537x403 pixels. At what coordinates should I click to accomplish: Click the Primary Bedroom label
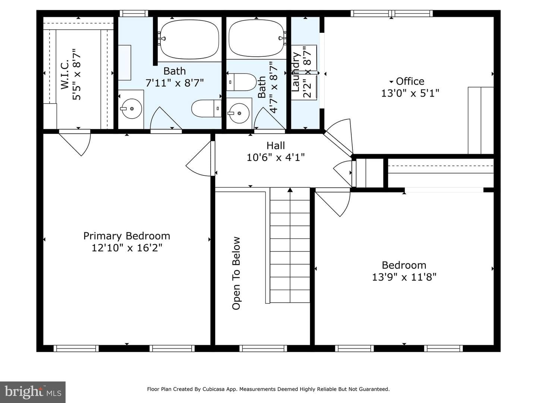point(127,236)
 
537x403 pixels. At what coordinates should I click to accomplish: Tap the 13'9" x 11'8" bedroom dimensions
point(404,277)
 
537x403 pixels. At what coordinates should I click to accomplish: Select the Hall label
point(276,146)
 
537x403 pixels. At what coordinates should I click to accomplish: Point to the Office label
point(410,81)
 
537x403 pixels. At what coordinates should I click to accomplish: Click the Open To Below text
point(236,273)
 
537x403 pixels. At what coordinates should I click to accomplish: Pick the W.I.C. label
point(65,74)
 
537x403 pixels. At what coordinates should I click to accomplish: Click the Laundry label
point(296,72)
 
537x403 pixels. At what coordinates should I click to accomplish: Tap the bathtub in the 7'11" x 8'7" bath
point(189,40)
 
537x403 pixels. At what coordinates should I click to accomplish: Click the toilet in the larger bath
point(206,108)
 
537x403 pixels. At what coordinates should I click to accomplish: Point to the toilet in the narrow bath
point(241,82)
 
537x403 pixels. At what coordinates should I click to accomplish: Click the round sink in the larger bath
point(131,109)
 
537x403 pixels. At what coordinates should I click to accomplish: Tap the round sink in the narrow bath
point(239,113)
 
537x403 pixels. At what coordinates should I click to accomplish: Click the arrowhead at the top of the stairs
point(290,190)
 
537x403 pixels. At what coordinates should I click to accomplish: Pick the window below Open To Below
point(263,348)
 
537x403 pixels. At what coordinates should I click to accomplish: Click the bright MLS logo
point(33,392)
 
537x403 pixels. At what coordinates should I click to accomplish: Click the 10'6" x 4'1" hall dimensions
point(276,157)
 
